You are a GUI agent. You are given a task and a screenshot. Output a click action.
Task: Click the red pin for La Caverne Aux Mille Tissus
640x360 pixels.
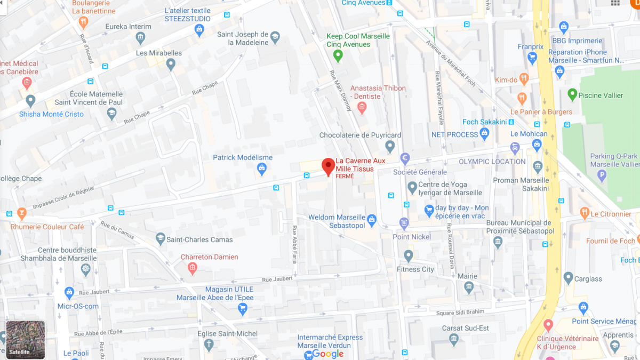(x=329, y=166)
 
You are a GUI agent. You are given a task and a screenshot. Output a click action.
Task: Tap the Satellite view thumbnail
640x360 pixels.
(x=26, y=339)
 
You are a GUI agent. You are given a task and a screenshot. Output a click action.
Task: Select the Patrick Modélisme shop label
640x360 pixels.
(x=243, y=157)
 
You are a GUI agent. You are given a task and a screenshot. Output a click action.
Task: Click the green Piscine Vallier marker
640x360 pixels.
(x=572, y=95)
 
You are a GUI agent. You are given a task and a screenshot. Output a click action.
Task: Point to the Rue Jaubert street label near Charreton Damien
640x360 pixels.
(x=277, y=279)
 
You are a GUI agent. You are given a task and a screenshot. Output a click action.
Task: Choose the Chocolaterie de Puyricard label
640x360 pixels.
(x=360, y=135)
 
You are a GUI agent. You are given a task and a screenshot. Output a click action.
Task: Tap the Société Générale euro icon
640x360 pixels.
(x=405, y=158)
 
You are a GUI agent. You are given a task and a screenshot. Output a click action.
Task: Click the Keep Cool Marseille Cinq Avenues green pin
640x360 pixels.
(x=337, y=55)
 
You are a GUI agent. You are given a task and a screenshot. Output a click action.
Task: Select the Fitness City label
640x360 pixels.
(x=415, y=269)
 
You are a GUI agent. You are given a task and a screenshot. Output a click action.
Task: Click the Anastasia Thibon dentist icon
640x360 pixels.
(x=362, y=108)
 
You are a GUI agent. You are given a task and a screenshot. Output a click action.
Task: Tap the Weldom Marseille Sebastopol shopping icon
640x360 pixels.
(x=372, y=219)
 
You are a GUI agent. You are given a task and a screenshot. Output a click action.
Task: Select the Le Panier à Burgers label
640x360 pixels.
(x=541, y=112)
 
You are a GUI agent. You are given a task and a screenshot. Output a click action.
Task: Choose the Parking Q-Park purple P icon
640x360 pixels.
(x=602, y=174)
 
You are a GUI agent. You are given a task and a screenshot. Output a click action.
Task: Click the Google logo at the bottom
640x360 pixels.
(x=327, y=354)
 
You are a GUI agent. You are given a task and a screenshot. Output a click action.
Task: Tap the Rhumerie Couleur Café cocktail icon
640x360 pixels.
(x=21, y=214)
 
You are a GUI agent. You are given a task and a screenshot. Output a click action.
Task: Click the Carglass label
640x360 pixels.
(x=588, y=279)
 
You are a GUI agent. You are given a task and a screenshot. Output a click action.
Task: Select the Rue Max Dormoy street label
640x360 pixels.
(x=341, y=91)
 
